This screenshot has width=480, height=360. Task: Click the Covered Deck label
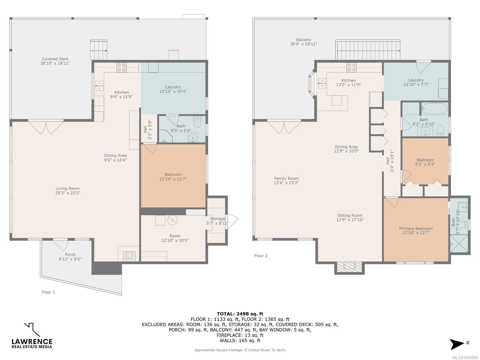click(x=55, y=59)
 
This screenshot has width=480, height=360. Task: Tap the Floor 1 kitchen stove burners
click(x=121, y=67)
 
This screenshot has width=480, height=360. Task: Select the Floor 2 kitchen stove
click(x=351, y=67)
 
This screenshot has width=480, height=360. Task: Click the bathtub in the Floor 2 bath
click(x=434, y=108)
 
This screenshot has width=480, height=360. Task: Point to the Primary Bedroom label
click(x=416, y=229)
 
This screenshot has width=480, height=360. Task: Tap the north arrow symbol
click(x=457, y=344)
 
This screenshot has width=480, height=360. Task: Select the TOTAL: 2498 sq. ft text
click(x=240, y=314)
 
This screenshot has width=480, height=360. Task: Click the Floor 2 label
click(x=261, y=256)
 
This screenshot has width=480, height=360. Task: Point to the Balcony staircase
click(x=368, y=50)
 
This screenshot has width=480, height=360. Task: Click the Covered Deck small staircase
click(x=99, y=50)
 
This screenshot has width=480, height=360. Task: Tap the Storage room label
click(x=217, y=219)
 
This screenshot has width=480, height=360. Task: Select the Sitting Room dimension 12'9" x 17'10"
click(x=350, y=220)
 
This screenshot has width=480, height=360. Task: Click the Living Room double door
click(x=46, y=127)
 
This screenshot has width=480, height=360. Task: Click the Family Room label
click(x=286, y=178)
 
